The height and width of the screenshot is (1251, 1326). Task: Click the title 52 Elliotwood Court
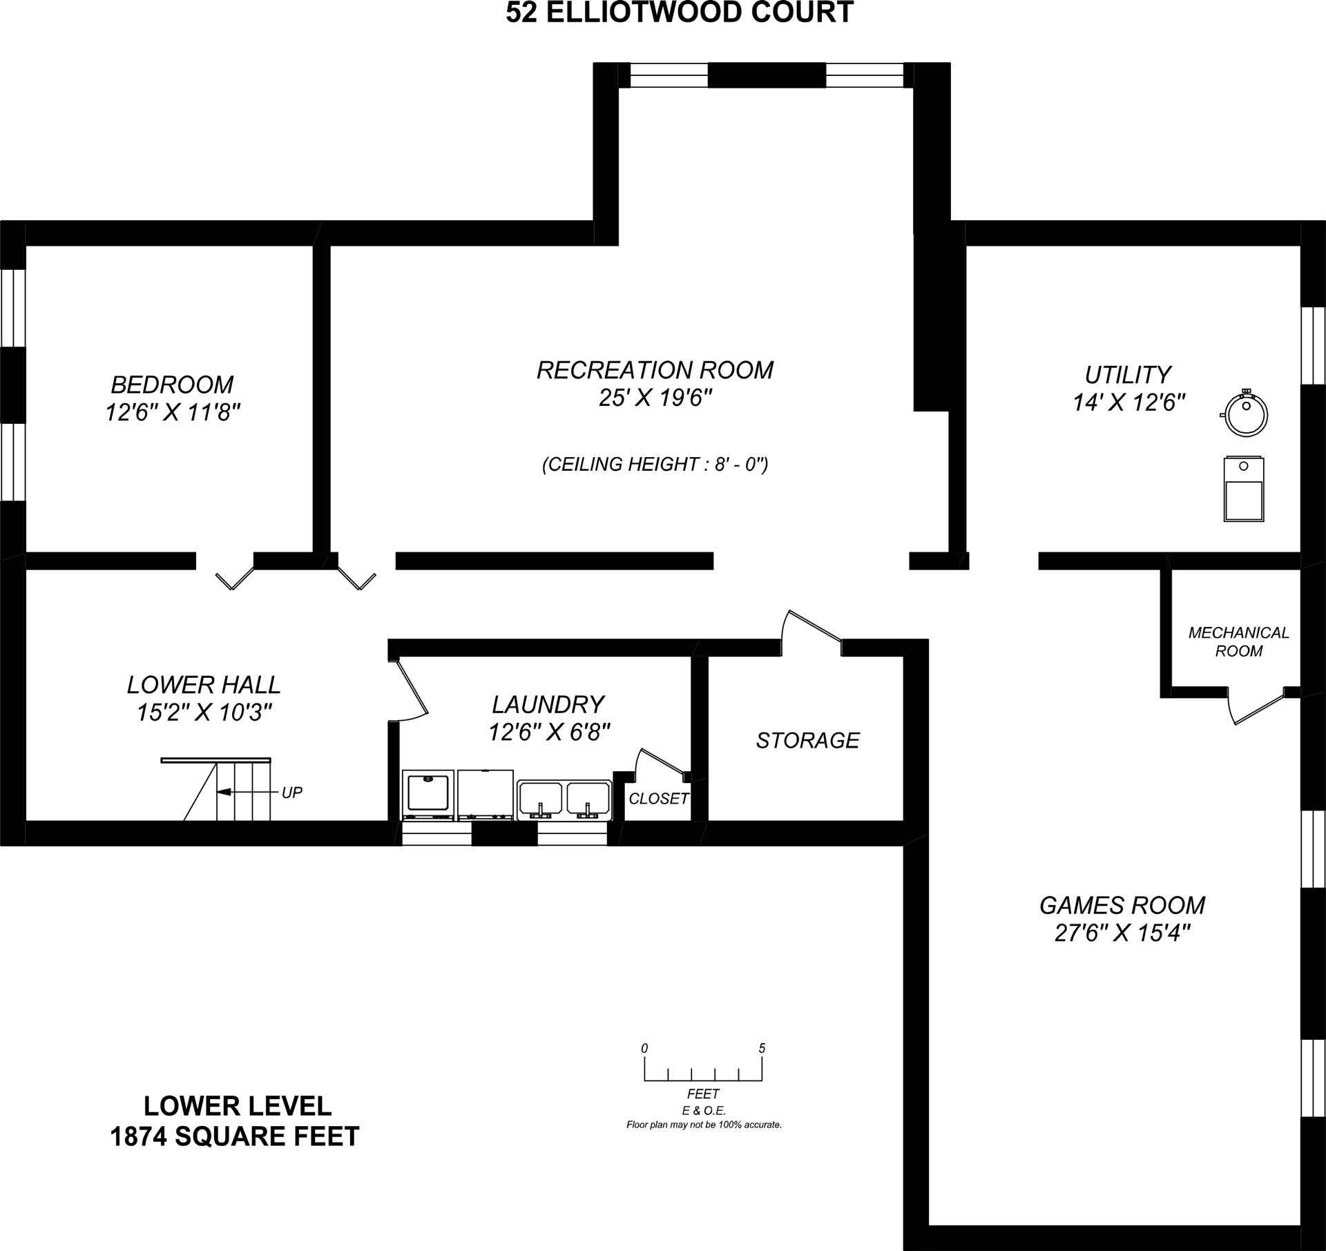tap(680, 12)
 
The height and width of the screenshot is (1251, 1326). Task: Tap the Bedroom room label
tap(173, 384)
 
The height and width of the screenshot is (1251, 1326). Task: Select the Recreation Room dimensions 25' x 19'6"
tap(655, 398)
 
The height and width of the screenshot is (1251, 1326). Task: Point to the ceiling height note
tap(655, 464)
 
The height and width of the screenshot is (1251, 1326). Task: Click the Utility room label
tap(1128, 375)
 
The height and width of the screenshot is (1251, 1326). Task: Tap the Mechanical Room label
tap(1238, 641)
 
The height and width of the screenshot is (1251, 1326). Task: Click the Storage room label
tap(807, 740)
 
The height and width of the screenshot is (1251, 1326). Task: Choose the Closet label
tap(659, 799)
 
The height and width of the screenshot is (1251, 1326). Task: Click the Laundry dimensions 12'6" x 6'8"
tap(550, 732)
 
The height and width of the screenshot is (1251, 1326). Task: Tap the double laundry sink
tap(564, 799)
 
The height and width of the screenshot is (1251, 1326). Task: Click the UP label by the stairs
tap(292, 793)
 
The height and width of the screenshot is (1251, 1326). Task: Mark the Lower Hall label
tap(204, 685)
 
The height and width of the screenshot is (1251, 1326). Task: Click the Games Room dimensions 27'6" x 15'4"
tap(1123, 933)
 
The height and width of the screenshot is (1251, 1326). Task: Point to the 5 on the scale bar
tap(762, 1048)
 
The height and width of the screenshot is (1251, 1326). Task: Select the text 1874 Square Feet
tap(235, 1136)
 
